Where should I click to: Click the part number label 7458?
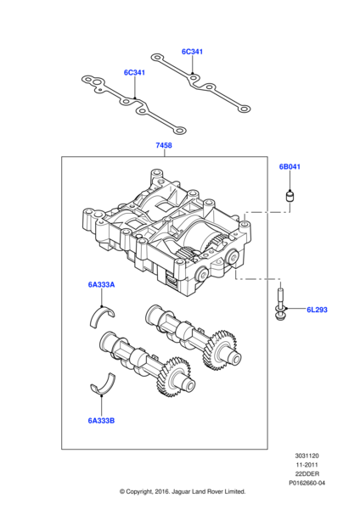pos(164,147)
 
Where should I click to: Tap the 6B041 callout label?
pos(290,167)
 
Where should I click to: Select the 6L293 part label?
pos(317,311)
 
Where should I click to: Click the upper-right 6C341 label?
pos(192,52)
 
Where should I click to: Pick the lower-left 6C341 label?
pos(134,73)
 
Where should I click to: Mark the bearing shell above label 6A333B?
pos(103,384)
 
